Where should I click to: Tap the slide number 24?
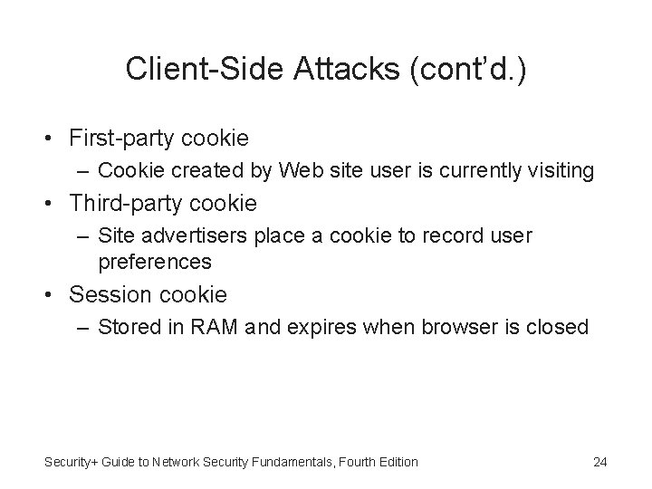point(599,462)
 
